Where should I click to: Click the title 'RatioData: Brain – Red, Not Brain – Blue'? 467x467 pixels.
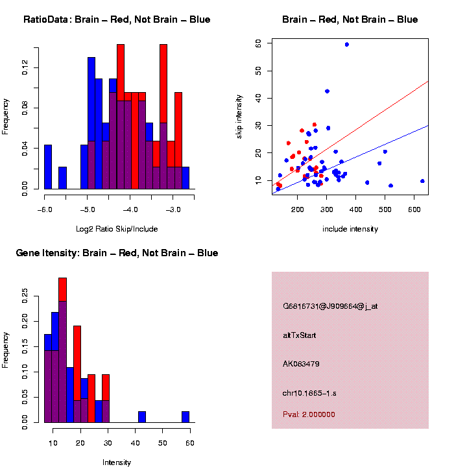click(x=117, y=19)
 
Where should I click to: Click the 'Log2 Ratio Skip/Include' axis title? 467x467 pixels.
click(x=116, y=228)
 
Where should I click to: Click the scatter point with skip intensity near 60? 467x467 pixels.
click(x=347, y=44)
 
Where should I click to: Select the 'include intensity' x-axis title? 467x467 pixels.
click(x=350, y=228)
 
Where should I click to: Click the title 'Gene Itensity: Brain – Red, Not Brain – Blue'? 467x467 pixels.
click(x=117, y=253)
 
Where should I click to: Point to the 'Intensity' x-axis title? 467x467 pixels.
click(x=117, y=462)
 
